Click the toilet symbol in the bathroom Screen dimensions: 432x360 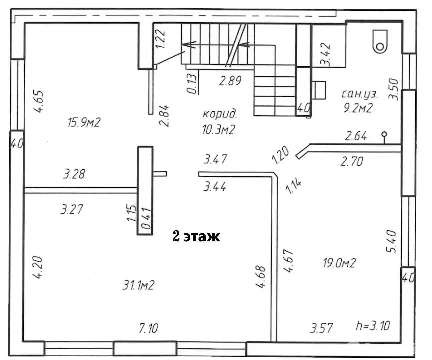(x=380, y=41)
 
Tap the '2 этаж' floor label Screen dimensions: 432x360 (x=196, y=236)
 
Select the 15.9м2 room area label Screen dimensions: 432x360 (x=84, y=122)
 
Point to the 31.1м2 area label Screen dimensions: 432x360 (x=138, y=285)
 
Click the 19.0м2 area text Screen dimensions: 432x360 (x=339, y=263)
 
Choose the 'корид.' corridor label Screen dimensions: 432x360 (x=220, y=114)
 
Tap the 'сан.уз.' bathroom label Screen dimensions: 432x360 (x=360, y=94)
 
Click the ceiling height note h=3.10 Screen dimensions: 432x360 (x=373, y=325)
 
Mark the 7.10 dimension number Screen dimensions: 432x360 (x=148, y=328)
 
